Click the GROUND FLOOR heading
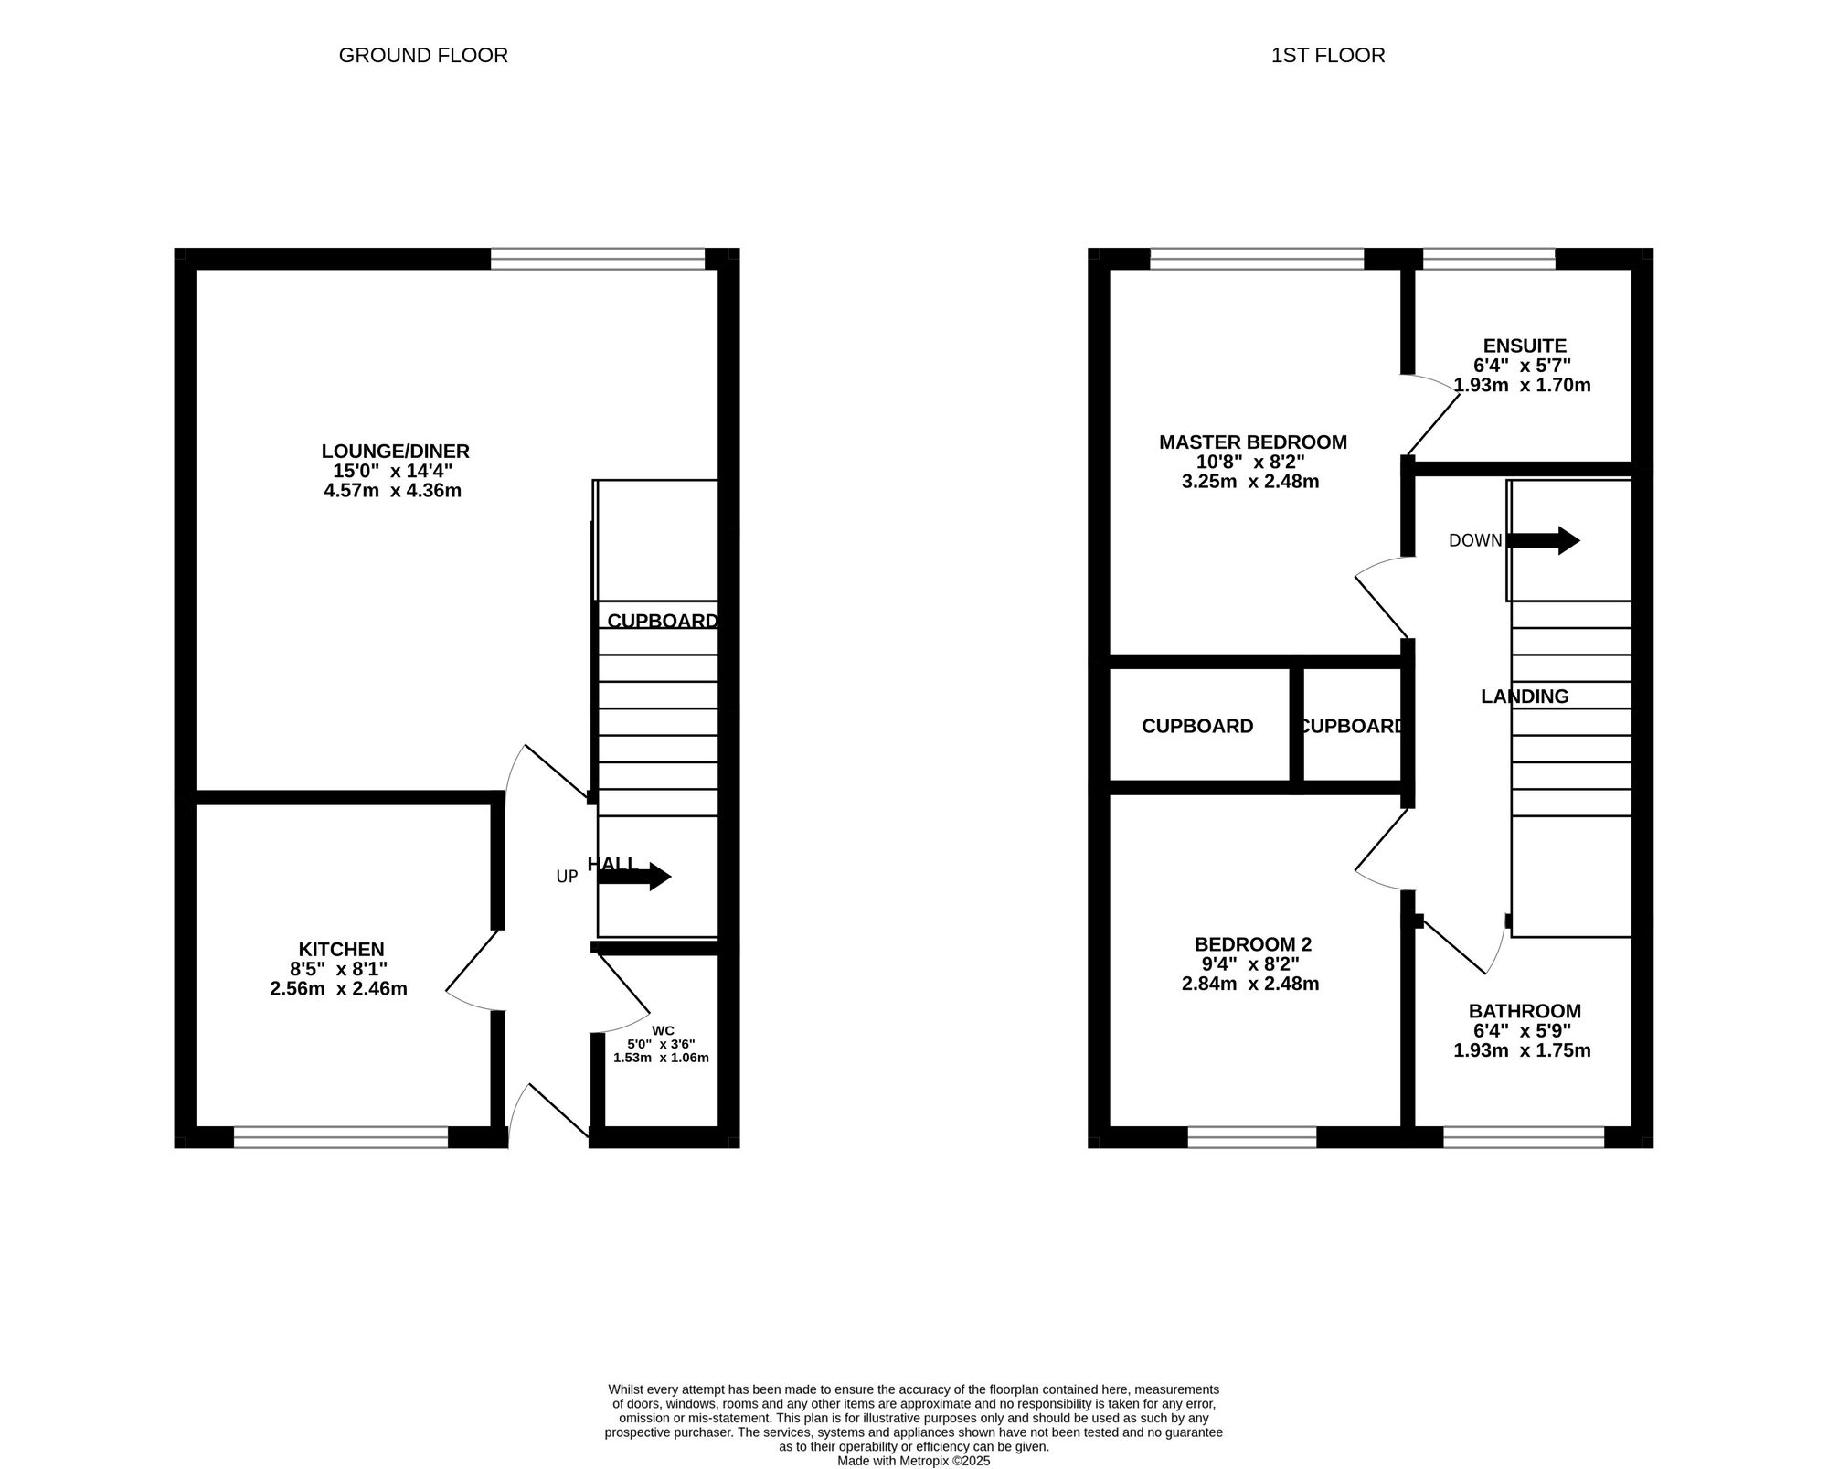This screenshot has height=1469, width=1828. [x=423, y=56]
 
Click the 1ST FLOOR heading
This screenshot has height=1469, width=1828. [x=1328, y=56]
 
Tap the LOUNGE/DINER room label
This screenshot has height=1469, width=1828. [x=395, y=451]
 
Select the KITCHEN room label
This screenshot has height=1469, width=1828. [x=341, y=950]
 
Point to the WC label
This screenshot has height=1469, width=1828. [x=663, y=1030]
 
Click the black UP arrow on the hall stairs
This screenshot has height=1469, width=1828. [x=634, y=877]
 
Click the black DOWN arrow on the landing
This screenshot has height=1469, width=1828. [x=1544, y=540]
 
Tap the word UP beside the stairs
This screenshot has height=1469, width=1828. [x=567, y=877]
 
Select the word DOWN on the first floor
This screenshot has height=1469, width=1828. [x=1475, y=540]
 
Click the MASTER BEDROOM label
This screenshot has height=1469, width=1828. [x=1252, y=442]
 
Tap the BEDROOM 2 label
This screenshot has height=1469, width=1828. [x=1252, y=944]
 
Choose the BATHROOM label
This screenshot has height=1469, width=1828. [x=1525, y=1011]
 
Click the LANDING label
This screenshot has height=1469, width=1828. [x=1525, y=697]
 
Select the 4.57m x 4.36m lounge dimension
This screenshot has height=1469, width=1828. [x=392, y=491]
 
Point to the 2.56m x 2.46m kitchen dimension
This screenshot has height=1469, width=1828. [x=338, y=989]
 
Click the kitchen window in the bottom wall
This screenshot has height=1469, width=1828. [x=341, y=1136]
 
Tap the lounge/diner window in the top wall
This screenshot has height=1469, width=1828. [x=598, y=259]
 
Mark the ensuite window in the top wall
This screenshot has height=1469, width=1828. [x=1489, y=259]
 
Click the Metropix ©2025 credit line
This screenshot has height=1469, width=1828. [x=914, y=1461]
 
